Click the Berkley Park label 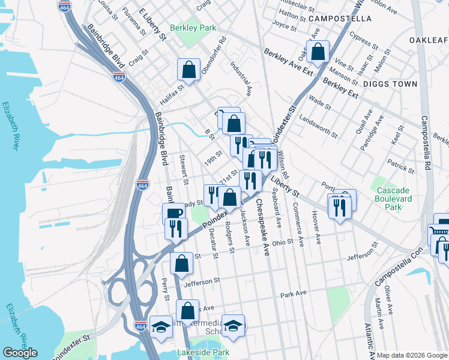192,28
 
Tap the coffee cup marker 173,214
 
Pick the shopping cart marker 438,233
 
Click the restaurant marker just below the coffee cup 176,229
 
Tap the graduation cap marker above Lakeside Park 234,326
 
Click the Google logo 20,353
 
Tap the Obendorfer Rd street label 214,58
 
